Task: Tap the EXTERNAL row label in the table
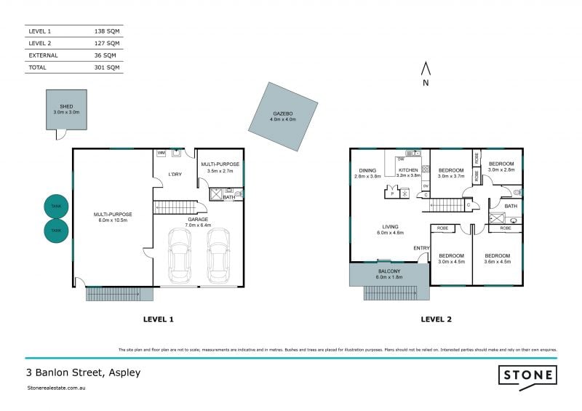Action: [43, 55]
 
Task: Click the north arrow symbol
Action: [427, 70]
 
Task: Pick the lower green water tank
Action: [57, 231]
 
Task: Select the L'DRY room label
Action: [175, 175]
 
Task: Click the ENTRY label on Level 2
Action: [421, 249]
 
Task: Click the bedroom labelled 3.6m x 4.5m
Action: [497, 259]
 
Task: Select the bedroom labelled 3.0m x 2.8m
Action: [501, 167]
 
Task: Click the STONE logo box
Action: [528, 375]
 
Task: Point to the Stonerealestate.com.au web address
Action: [57, 389]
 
